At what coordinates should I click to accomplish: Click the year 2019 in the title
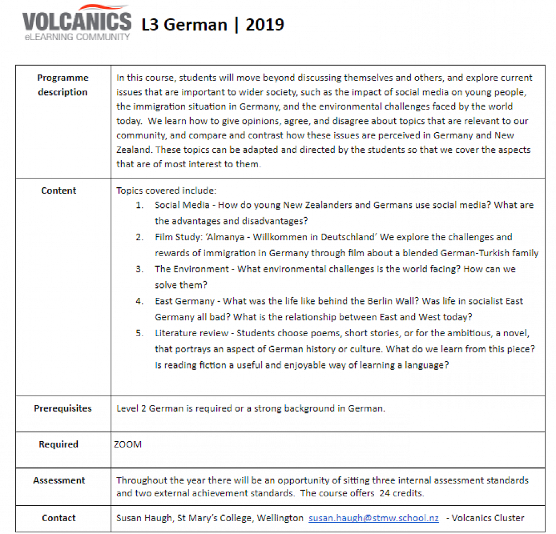tap(265, 25)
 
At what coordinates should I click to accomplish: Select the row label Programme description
tap(63, 85)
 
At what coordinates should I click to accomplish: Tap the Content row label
tap(59, 191)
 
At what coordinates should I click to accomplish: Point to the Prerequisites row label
tap(63, 408)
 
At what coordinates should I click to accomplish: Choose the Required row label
tap(58, 445)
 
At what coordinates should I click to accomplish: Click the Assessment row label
tap(59, 481)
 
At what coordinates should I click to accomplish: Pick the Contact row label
tap(59, 518)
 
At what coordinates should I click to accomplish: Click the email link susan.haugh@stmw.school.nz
tap(374, 518)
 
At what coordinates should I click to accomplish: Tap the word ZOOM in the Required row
tap(128, 445)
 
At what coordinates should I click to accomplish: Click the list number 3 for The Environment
tap(140, 269)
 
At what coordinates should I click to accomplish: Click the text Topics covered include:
tap(162, 191)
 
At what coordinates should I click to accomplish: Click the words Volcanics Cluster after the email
tap(488, 518)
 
